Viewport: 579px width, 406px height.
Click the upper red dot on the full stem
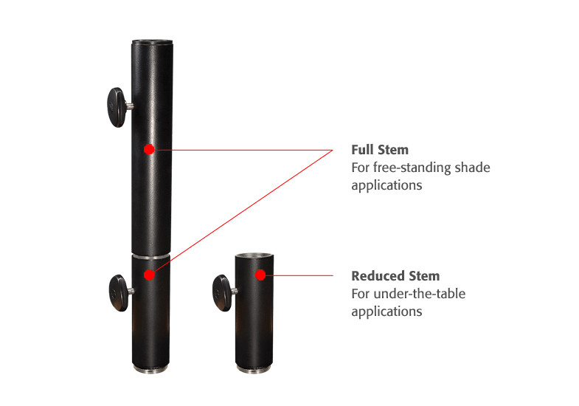pyautogui.click(x=149, y=149)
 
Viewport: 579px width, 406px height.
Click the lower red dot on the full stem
pyautogui.click(x=149, y=275)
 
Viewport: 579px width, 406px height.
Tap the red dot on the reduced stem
pyautogui.click(x=260, y=275)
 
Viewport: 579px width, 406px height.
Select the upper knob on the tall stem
pyautogui.click(x=116, y=107)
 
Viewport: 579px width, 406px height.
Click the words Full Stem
pyautogui.click(x=380, y=150)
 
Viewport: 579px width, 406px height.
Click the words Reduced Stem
pyautogui.click(x=395, y=276)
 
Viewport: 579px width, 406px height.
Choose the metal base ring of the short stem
pyautogui.click(x=254, y=367)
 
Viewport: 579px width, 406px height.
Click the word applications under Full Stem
pyautogui.click(x=386, y=185)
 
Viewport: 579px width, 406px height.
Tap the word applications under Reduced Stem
pyautogui.click(x=386, y=312)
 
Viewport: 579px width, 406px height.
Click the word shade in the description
pyautogui.click(x=474, y=168)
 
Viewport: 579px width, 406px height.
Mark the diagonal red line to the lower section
pyautogui.click(x=243, y=211)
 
